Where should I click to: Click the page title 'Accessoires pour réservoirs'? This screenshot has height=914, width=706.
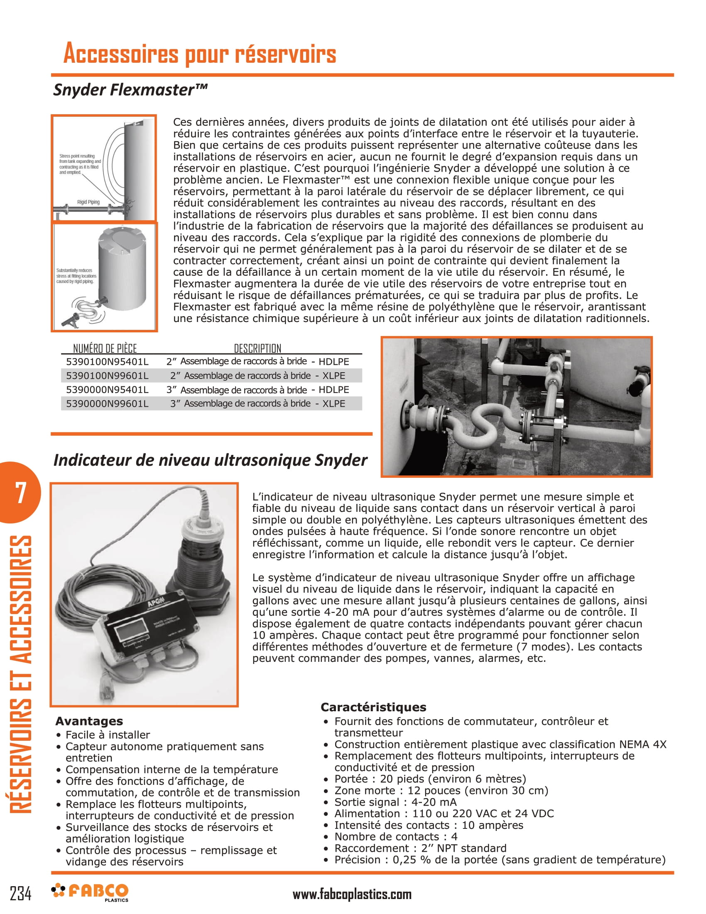click(x=199, y=54)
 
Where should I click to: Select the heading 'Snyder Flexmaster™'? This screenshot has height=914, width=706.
click(x=130, y=90)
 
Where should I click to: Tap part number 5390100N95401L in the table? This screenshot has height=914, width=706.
click(x=107, y=361)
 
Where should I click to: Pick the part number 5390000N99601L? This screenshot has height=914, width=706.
click(x=107, y=403)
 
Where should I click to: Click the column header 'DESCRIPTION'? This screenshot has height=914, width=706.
click(x=257, y=348)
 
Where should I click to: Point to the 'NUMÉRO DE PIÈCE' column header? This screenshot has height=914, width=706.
click(x=105, y=348)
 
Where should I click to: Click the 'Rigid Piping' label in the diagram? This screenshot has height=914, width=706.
click(x=88, y=202)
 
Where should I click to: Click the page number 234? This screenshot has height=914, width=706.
click(x=20, y=894)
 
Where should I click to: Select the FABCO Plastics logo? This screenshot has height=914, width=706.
click(x=90, y=892)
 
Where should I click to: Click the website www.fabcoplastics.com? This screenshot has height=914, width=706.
click(x=352, y=894)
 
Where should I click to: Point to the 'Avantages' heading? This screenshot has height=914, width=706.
click(x=89, y=721)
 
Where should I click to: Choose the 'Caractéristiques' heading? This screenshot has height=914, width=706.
click(x=373, y=707)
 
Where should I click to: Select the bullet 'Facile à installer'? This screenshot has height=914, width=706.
click(x=108, y=735)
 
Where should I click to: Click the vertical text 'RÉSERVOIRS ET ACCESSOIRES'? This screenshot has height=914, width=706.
click(x=20, y=674)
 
